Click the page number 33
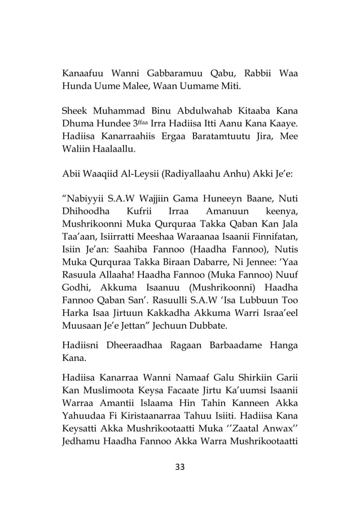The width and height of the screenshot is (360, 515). coord(180,466)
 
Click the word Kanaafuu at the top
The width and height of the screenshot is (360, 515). coord(83,74)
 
